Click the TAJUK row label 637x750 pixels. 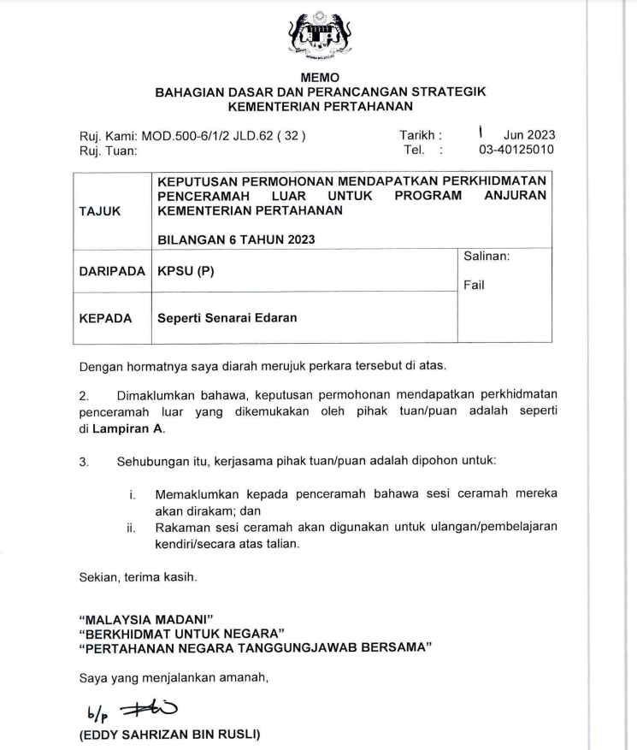click(100, 209)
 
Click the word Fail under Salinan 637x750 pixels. click(474, 286)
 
